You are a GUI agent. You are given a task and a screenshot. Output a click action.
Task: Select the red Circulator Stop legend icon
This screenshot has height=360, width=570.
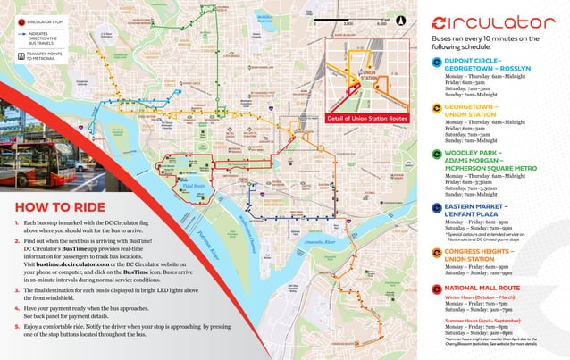click(x=8, y=19)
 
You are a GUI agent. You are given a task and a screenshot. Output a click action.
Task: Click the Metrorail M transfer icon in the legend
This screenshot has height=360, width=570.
click(x=8, y=55)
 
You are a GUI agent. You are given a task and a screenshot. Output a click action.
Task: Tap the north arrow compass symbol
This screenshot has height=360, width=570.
click(x=399, y=17)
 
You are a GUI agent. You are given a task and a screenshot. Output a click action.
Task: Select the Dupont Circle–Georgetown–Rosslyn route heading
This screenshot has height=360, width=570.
click(x=482, y=66)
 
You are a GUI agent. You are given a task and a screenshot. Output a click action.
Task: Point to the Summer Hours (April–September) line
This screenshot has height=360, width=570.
click(x=482, y=319)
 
